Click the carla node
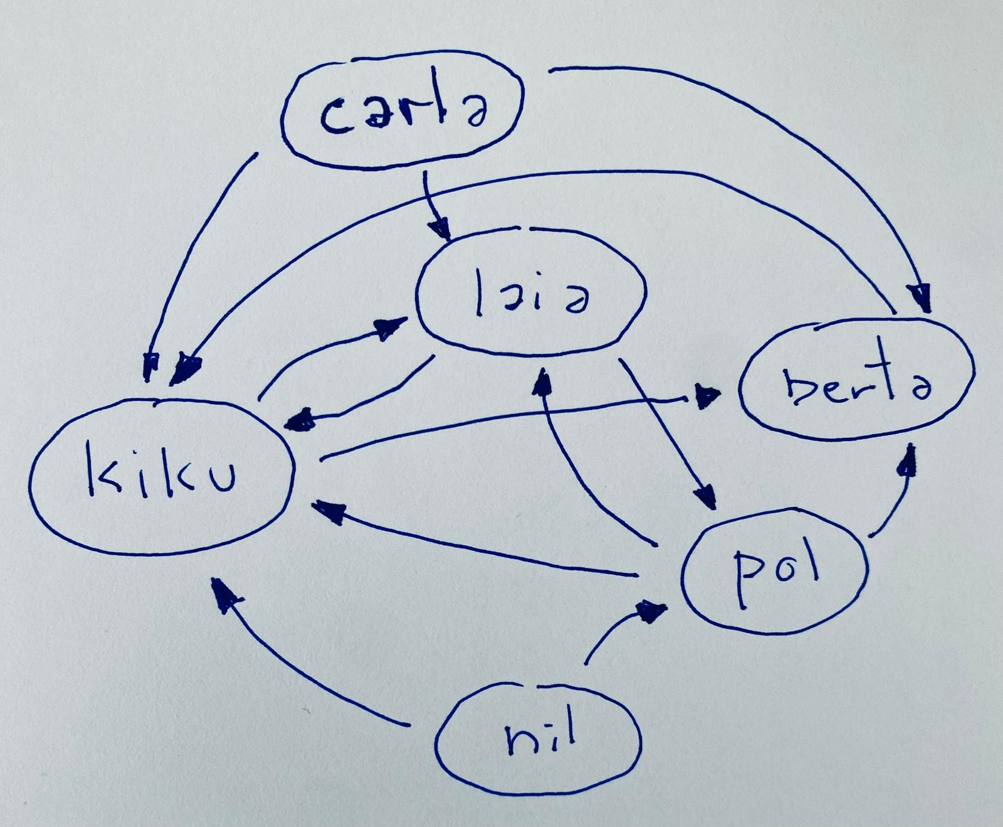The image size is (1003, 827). tap(401, 114)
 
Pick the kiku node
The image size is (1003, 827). tap(162, 476)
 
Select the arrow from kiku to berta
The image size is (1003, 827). tap(514, 414)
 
